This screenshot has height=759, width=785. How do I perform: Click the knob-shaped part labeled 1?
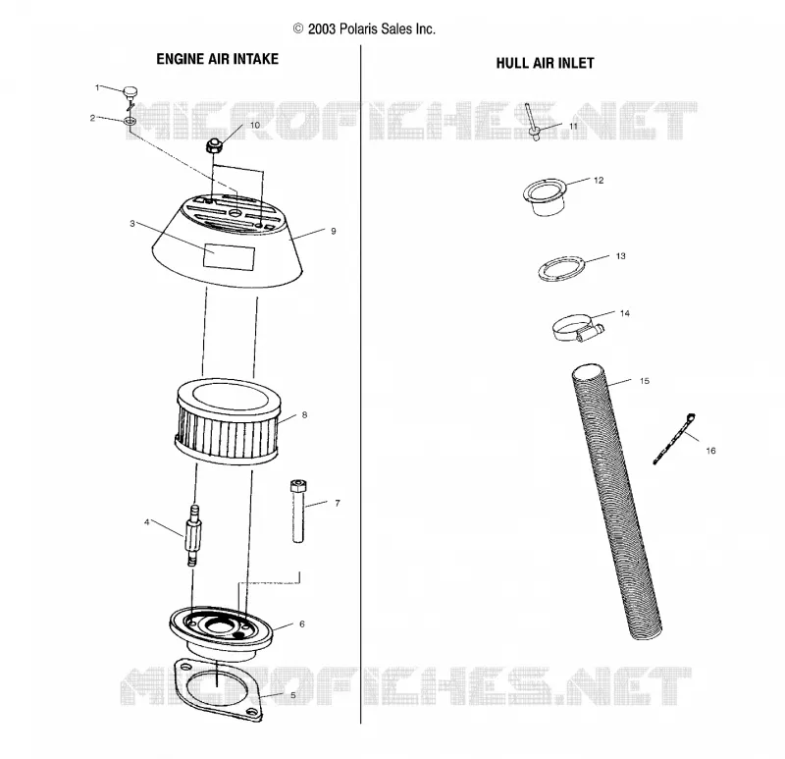[x=131, y=92]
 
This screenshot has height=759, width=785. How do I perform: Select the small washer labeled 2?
[x=131, y=121]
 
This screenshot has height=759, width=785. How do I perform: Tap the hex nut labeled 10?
[x=214, y=146]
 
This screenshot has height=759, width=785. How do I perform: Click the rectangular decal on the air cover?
[x=229, y=256]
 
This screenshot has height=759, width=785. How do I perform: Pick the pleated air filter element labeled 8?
[x=229, y=422]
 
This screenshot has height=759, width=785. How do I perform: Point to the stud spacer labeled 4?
[x=193, y=536]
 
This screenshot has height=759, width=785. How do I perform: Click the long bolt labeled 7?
[x=298, y=511]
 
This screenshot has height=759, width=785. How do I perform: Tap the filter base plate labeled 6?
[x=222, y=632]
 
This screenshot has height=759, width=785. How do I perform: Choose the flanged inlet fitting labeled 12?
[x=545, y=197]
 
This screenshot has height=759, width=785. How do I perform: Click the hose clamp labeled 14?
[x=577, y=329]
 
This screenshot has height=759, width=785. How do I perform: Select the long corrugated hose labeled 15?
[x=617, y=501]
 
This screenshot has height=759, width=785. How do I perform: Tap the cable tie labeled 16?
[x=674, y=438]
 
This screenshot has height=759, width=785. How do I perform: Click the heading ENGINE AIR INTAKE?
[x=217, y=59]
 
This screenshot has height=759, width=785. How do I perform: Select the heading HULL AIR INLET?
[x=545, y=63]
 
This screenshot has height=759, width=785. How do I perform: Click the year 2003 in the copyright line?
[x=322, y=29]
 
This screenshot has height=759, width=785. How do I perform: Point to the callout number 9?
[x=334, y=231]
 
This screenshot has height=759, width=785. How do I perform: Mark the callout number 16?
[x=710, y=451]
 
